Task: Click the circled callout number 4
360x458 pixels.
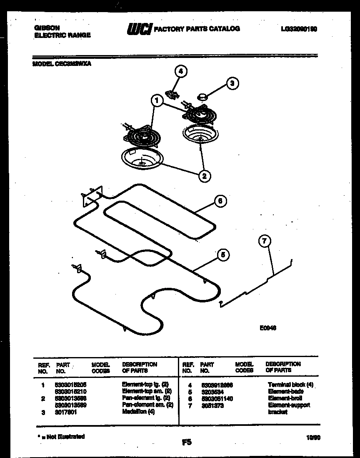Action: (x=180, y=71)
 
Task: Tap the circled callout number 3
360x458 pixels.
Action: (x=232, y=83)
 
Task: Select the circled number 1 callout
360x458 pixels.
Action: (x=157, y=100)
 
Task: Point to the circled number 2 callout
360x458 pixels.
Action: (x=204, y=176)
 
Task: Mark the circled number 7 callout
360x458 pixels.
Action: (x=265, y=241)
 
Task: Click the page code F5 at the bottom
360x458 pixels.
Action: (x=187, y=442)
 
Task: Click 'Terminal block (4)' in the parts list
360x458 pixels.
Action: (x=290, y=385)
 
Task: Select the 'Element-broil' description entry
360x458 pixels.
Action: (x=282, y=398)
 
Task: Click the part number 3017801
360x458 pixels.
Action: (x=66, y=412)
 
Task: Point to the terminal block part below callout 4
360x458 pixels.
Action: (x=172, y=94)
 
